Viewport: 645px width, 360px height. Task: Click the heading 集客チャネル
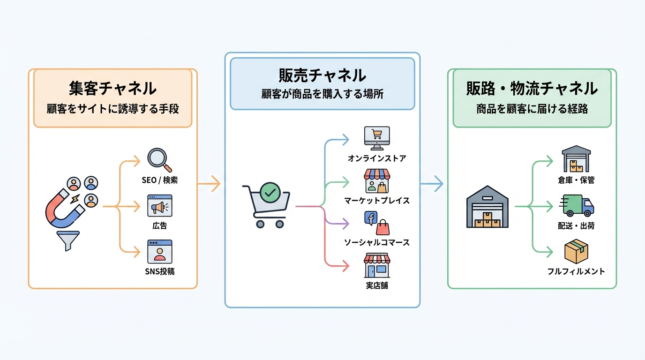[112, 88]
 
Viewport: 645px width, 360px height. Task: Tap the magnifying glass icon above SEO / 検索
[158, 159]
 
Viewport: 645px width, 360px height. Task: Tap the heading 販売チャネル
[322, 75]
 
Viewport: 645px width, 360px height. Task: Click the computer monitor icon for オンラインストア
[377, 137]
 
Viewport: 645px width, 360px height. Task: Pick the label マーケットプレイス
[377, 201]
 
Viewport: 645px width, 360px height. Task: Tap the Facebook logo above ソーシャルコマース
[371, 218]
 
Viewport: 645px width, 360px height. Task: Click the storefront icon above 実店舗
[377, 265]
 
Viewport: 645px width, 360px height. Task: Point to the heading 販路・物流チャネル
[532, 88]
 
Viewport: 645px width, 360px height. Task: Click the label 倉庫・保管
[576, 180]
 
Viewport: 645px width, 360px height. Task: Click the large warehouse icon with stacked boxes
[487, 207]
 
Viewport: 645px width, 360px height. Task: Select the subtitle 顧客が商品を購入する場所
[322, 94]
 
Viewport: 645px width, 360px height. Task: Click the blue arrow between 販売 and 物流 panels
[432, 183]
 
